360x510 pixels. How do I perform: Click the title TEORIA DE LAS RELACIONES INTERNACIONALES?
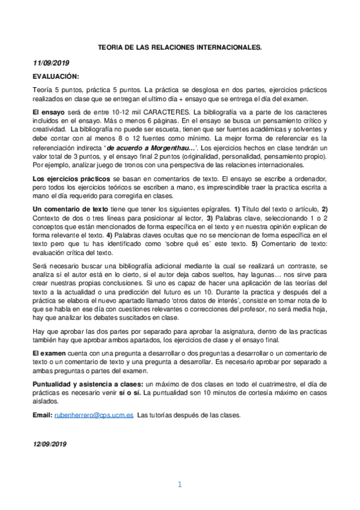180,45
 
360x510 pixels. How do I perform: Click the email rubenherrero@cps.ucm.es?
93,415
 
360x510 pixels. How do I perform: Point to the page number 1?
180,484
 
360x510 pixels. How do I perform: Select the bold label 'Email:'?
43,415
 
